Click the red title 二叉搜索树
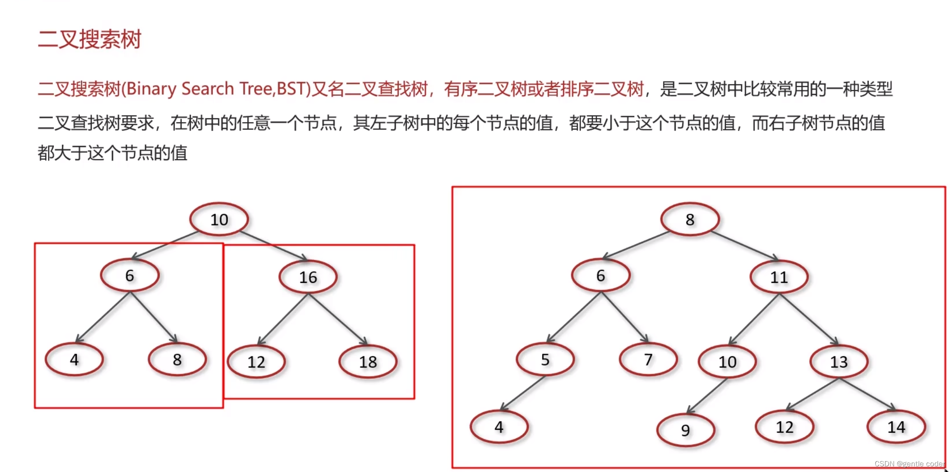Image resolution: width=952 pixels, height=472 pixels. (x=89, y=40)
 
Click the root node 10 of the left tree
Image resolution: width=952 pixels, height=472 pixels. (x=219, y=220)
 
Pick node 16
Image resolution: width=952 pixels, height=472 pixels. (x=308, y=277)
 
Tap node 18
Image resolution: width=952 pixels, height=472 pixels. (x=368, y=362)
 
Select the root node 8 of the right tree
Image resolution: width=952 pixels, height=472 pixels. (x=690, y=220)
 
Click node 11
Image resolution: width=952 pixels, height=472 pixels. (x=779, y=277)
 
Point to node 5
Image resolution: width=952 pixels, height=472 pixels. (x=545, y=360)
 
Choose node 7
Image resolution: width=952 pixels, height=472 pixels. (x=648, y=360)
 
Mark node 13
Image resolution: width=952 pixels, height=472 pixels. (x=839, y=362)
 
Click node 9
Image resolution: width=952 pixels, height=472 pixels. (x=686, y=430)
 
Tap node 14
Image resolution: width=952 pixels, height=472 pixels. (x=896, y=427)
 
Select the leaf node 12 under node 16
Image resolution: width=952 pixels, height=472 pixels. (x=256, y=362)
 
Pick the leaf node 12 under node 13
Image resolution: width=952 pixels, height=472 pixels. (x=784, y=427)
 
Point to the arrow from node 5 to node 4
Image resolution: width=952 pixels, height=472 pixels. (x=523, y=393)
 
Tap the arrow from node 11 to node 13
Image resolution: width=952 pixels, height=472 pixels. (x=809, y=320)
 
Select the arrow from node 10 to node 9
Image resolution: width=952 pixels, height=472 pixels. (x=707, y=396)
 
